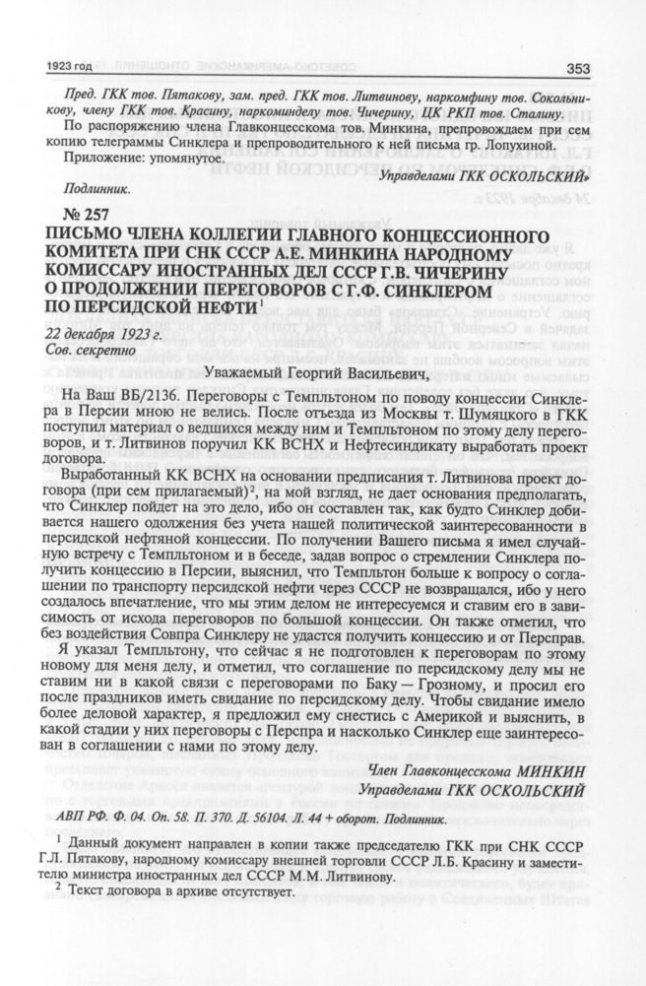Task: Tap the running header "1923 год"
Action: coord(69,68)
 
